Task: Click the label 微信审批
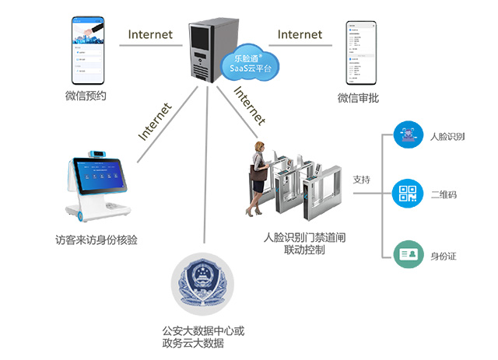359,98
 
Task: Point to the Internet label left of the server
150,34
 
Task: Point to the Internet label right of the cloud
300,34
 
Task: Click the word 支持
361,180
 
